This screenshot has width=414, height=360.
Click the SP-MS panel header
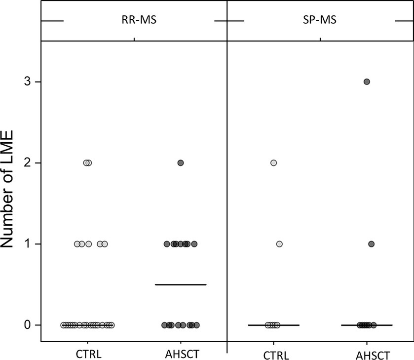(x=320, y=21)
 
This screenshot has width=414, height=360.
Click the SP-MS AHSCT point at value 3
(x=367, y=81)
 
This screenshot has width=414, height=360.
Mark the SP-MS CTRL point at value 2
(x=273, y=162)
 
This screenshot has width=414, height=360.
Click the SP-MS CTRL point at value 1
(x=279, y=244)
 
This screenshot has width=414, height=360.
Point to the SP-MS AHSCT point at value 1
(x=371, y=244)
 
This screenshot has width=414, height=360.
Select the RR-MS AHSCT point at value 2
(x=181, y=162)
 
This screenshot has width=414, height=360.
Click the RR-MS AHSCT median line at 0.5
(x=180, y=284)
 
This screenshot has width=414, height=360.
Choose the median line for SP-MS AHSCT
(x=385, y=325)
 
